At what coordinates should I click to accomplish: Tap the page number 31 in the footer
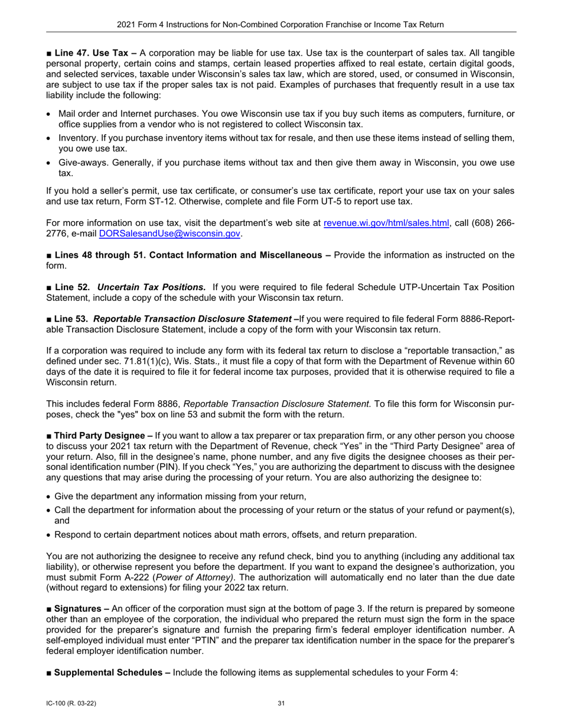(281, 703)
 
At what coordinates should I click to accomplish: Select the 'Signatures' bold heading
(77, 609)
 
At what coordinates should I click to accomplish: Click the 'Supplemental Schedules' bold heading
(108, 672)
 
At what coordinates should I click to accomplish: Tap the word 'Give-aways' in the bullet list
(81, 163)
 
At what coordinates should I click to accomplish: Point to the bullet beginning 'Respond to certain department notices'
(235, 534)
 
